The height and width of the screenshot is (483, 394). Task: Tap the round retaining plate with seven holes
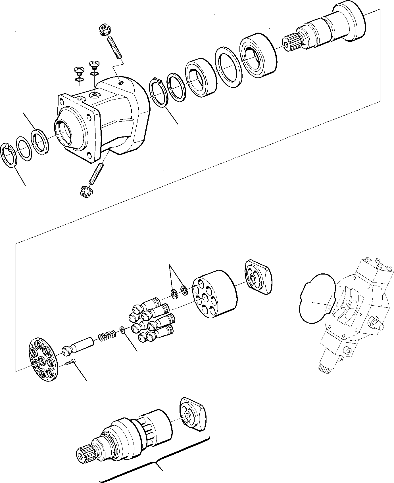tap(43, 360)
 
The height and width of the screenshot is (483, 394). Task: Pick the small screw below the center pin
tap(71, 363)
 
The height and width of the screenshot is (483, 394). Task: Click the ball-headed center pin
tap(77, 347)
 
